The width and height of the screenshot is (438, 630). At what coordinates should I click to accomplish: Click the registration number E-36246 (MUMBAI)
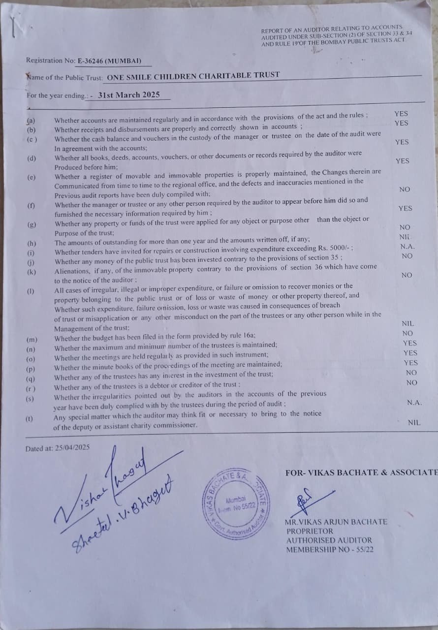[109, 61]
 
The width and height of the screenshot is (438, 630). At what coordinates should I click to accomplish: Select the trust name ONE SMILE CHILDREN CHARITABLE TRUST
[193, 76]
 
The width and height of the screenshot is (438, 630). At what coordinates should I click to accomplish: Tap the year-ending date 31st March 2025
[129, 94]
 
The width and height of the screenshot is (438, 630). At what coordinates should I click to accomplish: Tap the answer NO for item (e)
[405, 189]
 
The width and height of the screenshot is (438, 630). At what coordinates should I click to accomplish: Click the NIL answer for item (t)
[414, 422]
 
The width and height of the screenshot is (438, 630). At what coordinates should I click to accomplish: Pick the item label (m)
[31, 340]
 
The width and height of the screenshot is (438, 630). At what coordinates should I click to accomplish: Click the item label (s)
[31, 398]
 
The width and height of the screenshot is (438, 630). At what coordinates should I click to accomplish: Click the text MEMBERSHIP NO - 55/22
[329, 549]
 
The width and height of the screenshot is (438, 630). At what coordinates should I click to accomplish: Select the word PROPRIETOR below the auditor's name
[310, 531]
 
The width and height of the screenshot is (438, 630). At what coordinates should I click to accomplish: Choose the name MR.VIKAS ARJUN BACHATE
[336, 522]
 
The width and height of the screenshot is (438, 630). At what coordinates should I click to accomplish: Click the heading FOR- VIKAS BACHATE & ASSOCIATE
[361, 472]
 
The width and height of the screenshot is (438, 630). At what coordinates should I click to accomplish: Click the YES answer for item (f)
[405, 208]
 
